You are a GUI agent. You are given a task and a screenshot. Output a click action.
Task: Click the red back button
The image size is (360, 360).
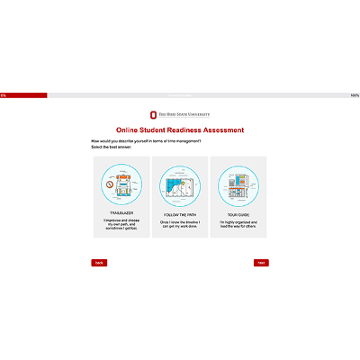[99, 263]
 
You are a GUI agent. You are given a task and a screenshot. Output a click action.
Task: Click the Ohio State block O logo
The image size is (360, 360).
[153, 115]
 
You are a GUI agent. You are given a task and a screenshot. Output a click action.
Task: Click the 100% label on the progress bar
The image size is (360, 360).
[355, 95]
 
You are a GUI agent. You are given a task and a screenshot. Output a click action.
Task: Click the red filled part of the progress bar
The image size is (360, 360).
[25, 94]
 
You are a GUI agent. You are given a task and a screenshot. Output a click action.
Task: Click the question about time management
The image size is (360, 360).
[146, 141]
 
